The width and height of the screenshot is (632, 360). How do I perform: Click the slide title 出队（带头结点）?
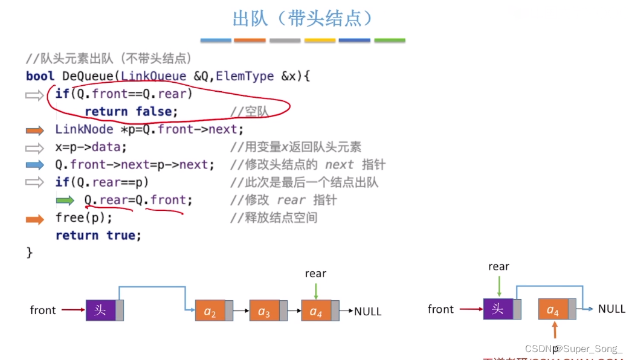point(303,18)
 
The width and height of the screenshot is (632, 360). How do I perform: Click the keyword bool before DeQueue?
point(40,76)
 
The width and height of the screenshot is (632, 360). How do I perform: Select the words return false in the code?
point(131,112)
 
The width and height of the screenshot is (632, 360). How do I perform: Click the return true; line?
point(98,235)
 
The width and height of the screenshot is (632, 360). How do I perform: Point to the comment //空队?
point(249,112)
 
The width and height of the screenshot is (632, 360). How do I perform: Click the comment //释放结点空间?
point(273,217)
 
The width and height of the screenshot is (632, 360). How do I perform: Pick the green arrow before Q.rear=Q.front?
point(65,201)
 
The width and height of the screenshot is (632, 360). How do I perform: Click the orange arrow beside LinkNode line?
point(35,130)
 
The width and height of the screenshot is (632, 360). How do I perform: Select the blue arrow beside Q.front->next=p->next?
point(35,165)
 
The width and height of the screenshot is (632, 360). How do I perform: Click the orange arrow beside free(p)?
point(35,219)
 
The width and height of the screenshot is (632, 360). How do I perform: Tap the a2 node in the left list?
point(210,312)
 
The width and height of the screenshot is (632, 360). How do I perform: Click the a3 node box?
point(265,312)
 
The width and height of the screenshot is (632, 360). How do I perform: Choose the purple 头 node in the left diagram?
point(100,310)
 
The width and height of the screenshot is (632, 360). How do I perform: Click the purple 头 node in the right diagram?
point(498,309)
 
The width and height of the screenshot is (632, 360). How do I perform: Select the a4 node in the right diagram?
point(553,310)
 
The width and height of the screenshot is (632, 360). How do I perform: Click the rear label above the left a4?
point(315,274)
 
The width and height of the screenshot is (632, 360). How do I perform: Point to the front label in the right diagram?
point(440,309)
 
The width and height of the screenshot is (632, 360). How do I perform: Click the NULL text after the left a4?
point(368,312)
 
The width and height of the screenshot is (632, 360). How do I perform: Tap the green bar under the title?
point(389,40)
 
